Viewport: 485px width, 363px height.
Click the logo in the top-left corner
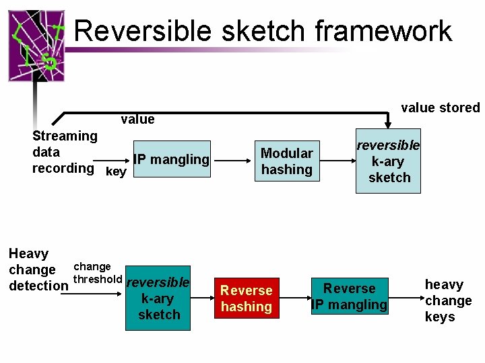(x=36, y=46)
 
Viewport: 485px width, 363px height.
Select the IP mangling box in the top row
(x=172, y=160)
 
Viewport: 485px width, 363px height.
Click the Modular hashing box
(x=286, y=162)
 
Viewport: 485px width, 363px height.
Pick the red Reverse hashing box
(x=246, y=298)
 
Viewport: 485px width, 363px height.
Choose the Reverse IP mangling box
(x=350, y=296)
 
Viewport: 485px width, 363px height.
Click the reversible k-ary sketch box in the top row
(x=388, y=161)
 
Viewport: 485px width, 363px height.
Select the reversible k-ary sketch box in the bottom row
(x=158, y=299)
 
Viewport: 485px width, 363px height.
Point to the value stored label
(x=440, y=108)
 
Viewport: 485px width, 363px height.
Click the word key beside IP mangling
(x=116, y=172)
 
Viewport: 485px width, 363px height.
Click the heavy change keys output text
(x=448, y=300)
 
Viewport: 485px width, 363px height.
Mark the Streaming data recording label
(x=64, y=152)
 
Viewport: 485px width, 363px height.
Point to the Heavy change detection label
(x=37, y=270)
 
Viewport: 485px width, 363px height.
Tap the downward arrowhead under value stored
(x=388, y=122)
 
